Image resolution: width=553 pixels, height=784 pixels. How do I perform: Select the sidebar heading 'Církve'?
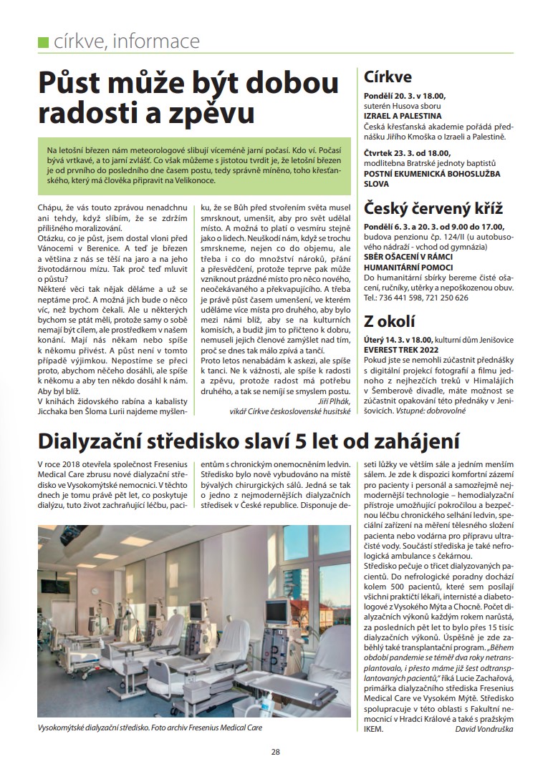[x=388, y=77]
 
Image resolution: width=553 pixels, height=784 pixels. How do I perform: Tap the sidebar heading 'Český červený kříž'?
[x=433, y=209]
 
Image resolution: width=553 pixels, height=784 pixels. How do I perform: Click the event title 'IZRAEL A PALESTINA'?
[x=403, y=115]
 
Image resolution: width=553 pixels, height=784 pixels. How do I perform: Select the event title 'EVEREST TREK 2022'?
[x=402, y=350]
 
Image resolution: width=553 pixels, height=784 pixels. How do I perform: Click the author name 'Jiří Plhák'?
[x=332, y=402]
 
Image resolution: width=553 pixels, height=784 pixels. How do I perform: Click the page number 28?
[x=276, y=751]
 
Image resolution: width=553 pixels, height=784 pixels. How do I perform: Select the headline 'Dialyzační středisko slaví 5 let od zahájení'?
[x=249, y=439]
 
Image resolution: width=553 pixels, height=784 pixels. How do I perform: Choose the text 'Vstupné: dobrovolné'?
[x=457, y=413]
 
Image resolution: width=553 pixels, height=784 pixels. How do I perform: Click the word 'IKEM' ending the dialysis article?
[x=374, y=729]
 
